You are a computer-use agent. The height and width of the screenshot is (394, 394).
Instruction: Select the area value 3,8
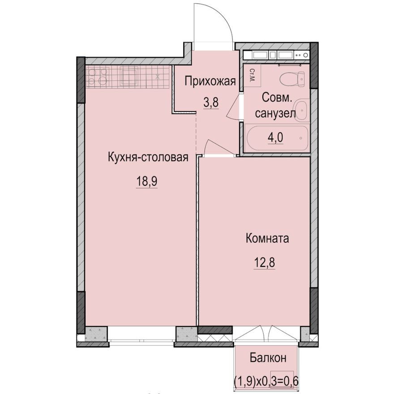[x=211, y=103]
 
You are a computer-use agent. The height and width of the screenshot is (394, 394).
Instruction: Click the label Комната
[x=267, y=238]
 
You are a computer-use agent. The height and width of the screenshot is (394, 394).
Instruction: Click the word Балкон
[x=267, y=358]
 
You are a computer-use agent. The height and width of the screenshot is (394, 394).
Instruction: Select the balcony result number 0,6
[x=289, y=381]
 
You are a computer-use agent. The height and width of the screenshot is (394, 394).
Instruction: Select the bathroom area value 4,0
[x=275, y=137]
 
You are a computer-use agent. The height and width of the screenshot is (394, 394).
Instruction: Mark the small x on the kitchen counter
[x=158, y=77]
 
